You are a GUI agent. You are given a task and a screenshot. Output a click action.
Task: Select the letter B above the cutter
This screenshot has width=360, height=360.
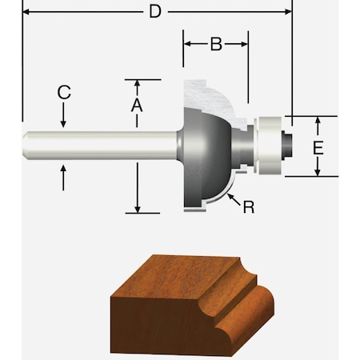pyautogui.click(x=215, y=45)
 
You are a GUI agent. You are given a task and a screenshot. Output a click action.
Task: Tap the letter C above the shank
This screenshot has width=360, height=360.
pyautogui.click(x=64, y=93)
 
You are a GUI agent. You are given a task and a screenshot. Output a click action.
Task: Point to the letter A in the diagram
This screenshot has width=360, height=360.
pyautogui.click(x=137, y=104)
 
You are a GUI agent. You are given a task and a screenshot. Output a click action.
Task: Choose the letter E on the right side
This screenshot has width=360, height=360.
pyautogui.click(x=318, y=148)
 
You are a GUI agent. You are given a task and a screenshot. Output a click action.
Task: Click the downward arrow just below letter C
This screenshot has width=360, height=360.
pyautogui.click(x=64, y=120)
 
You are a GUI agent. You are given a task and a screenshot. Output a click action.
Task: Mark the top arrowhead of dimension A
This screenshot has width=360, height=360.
pyautogui.click(x=138, y=83)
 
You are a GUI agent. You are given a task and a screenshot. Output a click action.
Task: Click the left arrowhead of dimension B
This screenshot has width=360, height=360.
pyautogui.click(x=189, y=46)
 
